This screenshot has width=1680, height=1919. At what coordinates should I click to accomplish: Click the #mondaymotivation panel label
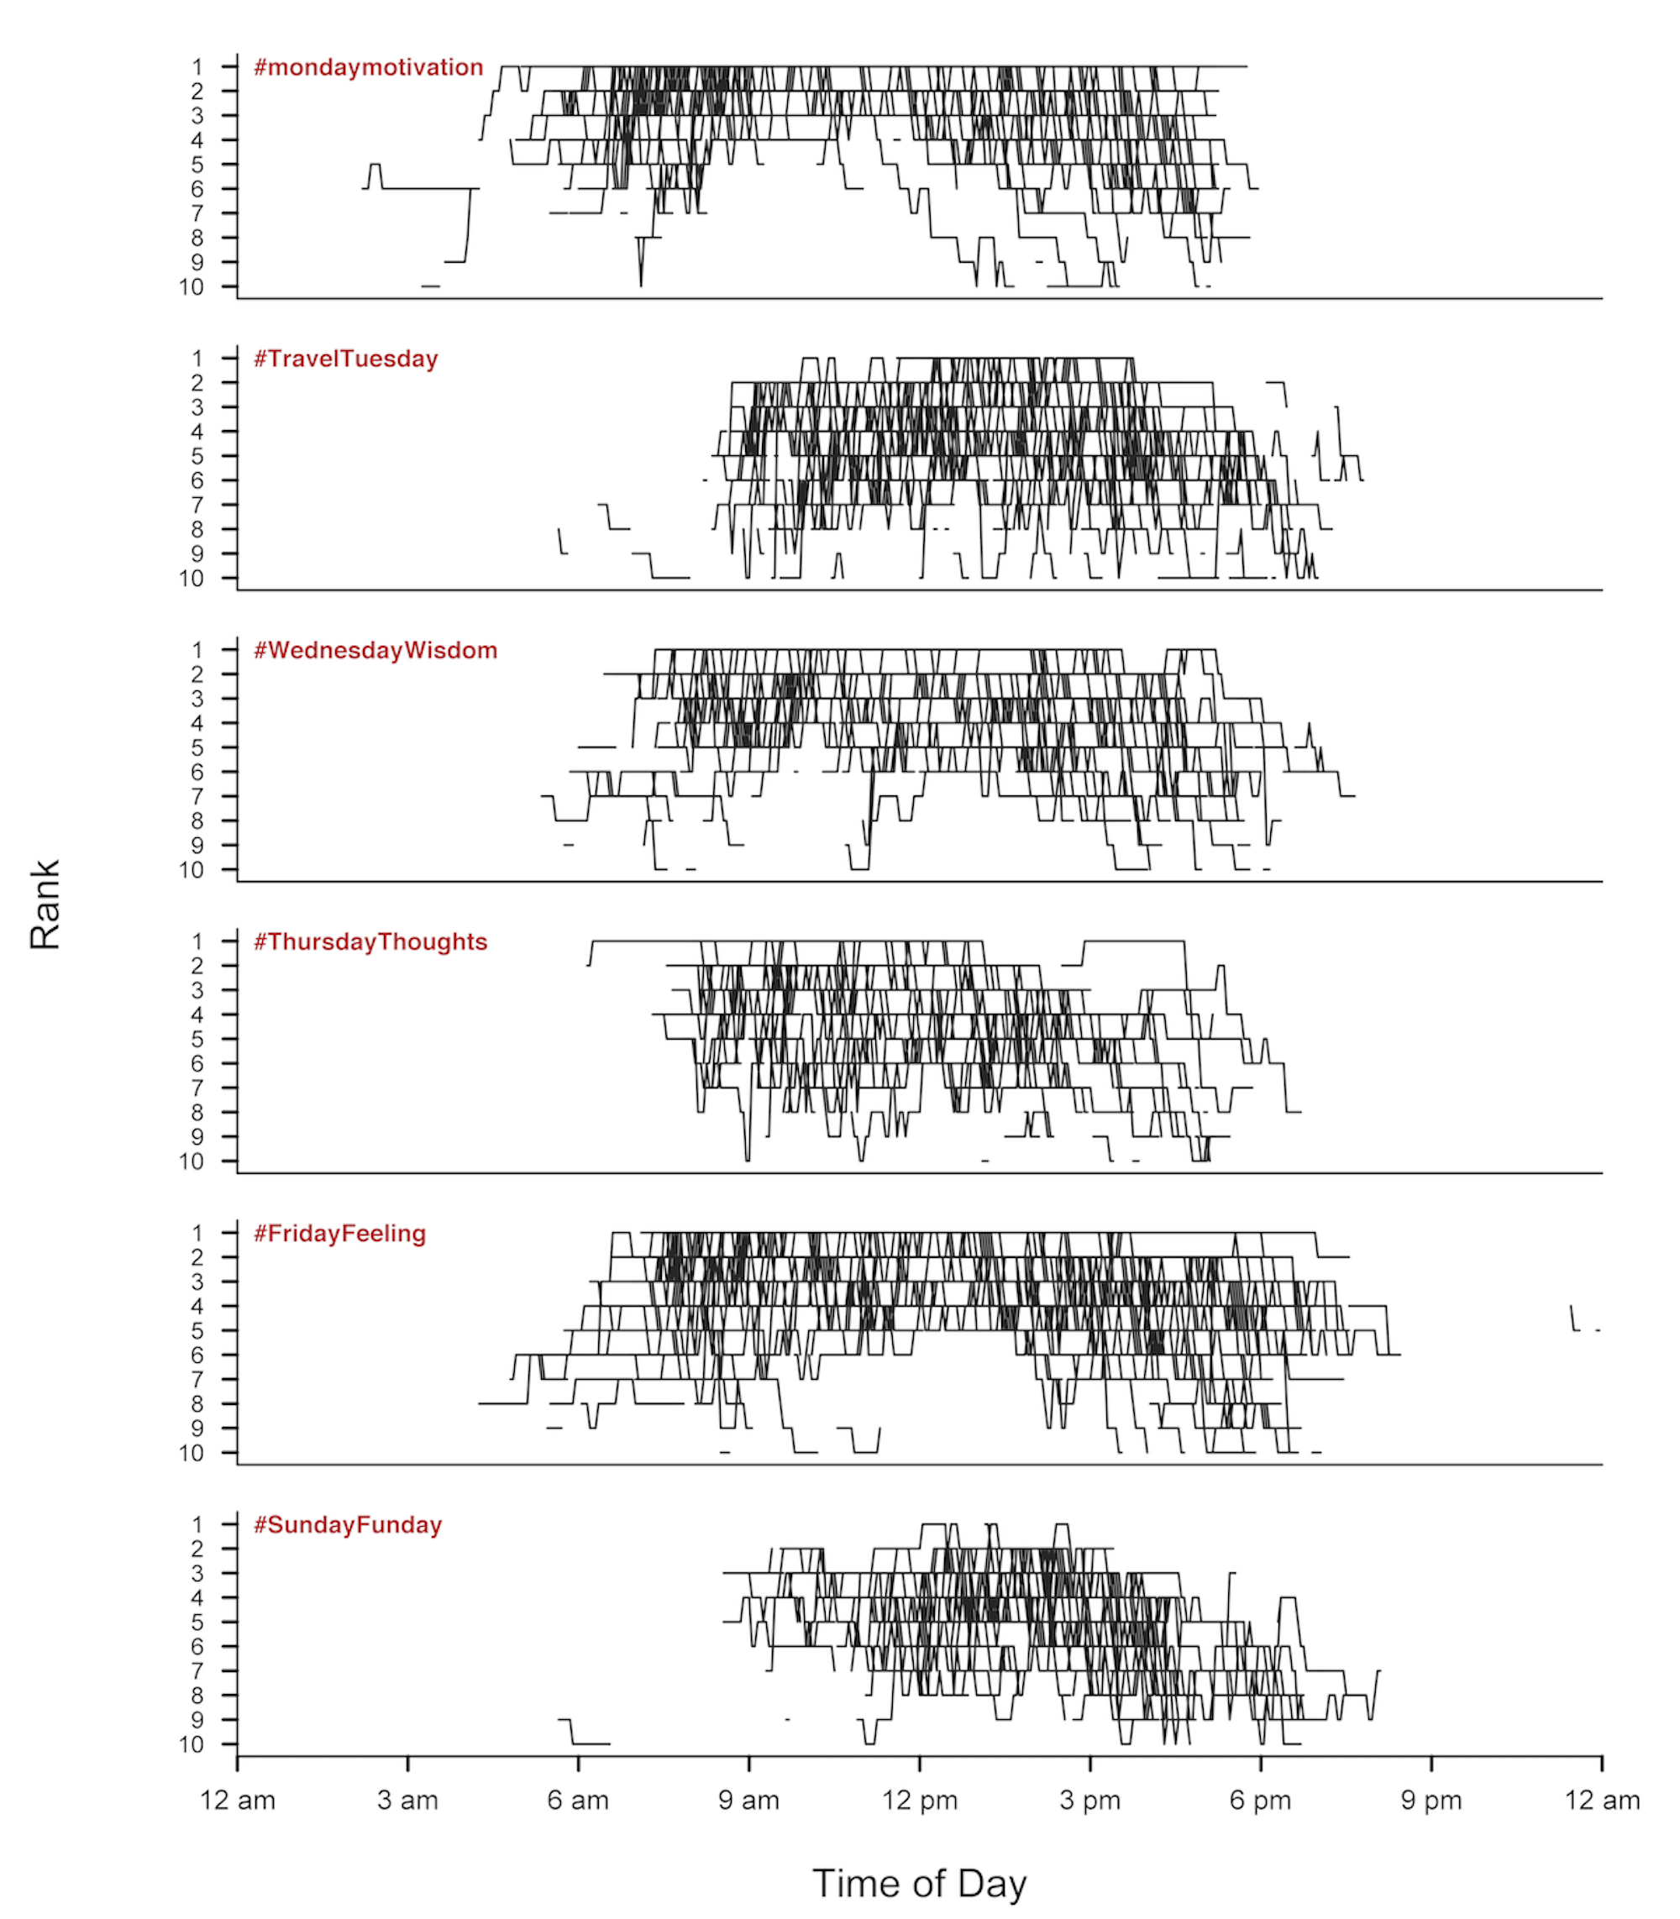click(x=369, y=67)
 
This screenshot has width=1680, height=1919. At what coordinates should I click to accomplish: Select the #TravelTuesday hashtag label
click(x=346, y=359)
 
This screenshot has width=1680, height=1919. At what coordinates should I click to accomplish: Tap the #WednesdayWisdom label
click(x=375, y=651)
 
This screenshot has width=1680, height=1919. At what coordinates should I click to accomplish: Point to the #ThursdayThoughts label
click(x=370, y=942)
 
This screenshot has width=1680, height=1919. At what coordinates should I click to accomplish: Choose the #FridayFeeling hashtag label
click(x=339, y=1234)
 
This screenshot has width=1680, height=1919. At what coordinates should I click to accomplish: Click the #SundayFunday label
click(x=347, y=1525)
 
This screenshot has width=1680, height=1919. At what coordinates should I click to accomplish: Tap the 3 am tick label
click(x=407, y=1801)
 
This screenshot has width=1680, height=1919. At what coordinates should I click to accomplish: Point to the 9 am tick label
click(x=748, y=1801)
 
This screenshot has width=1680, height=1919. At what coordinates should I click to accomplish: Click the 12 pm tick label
click(x=919, y=1801)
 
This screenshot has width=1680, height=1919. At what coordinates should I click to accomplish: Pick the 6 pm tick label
click(x=1260, y=1801)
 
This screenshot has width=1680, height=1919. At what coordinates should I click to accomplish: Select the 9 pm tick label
click(x=1431, y=1801)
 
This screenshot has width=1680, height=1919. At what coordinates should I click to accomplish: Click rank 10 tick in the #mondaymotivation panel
click(x=192, y=287)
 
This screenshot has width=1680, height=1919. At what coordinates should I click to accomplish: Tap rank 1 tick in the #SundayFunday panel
click(x=197, y=1525)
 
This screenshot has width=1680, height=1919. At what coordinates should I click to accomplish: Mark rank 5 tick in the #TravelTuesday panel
click(x=197, y=457)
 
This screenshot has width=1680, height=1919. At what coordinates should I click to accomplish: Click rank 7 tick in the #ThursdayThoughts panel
click(x=197, y=1088)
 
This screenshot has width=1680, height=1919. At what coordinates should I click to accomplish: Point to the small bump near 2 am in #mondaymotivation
click(x=375, y=175)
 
